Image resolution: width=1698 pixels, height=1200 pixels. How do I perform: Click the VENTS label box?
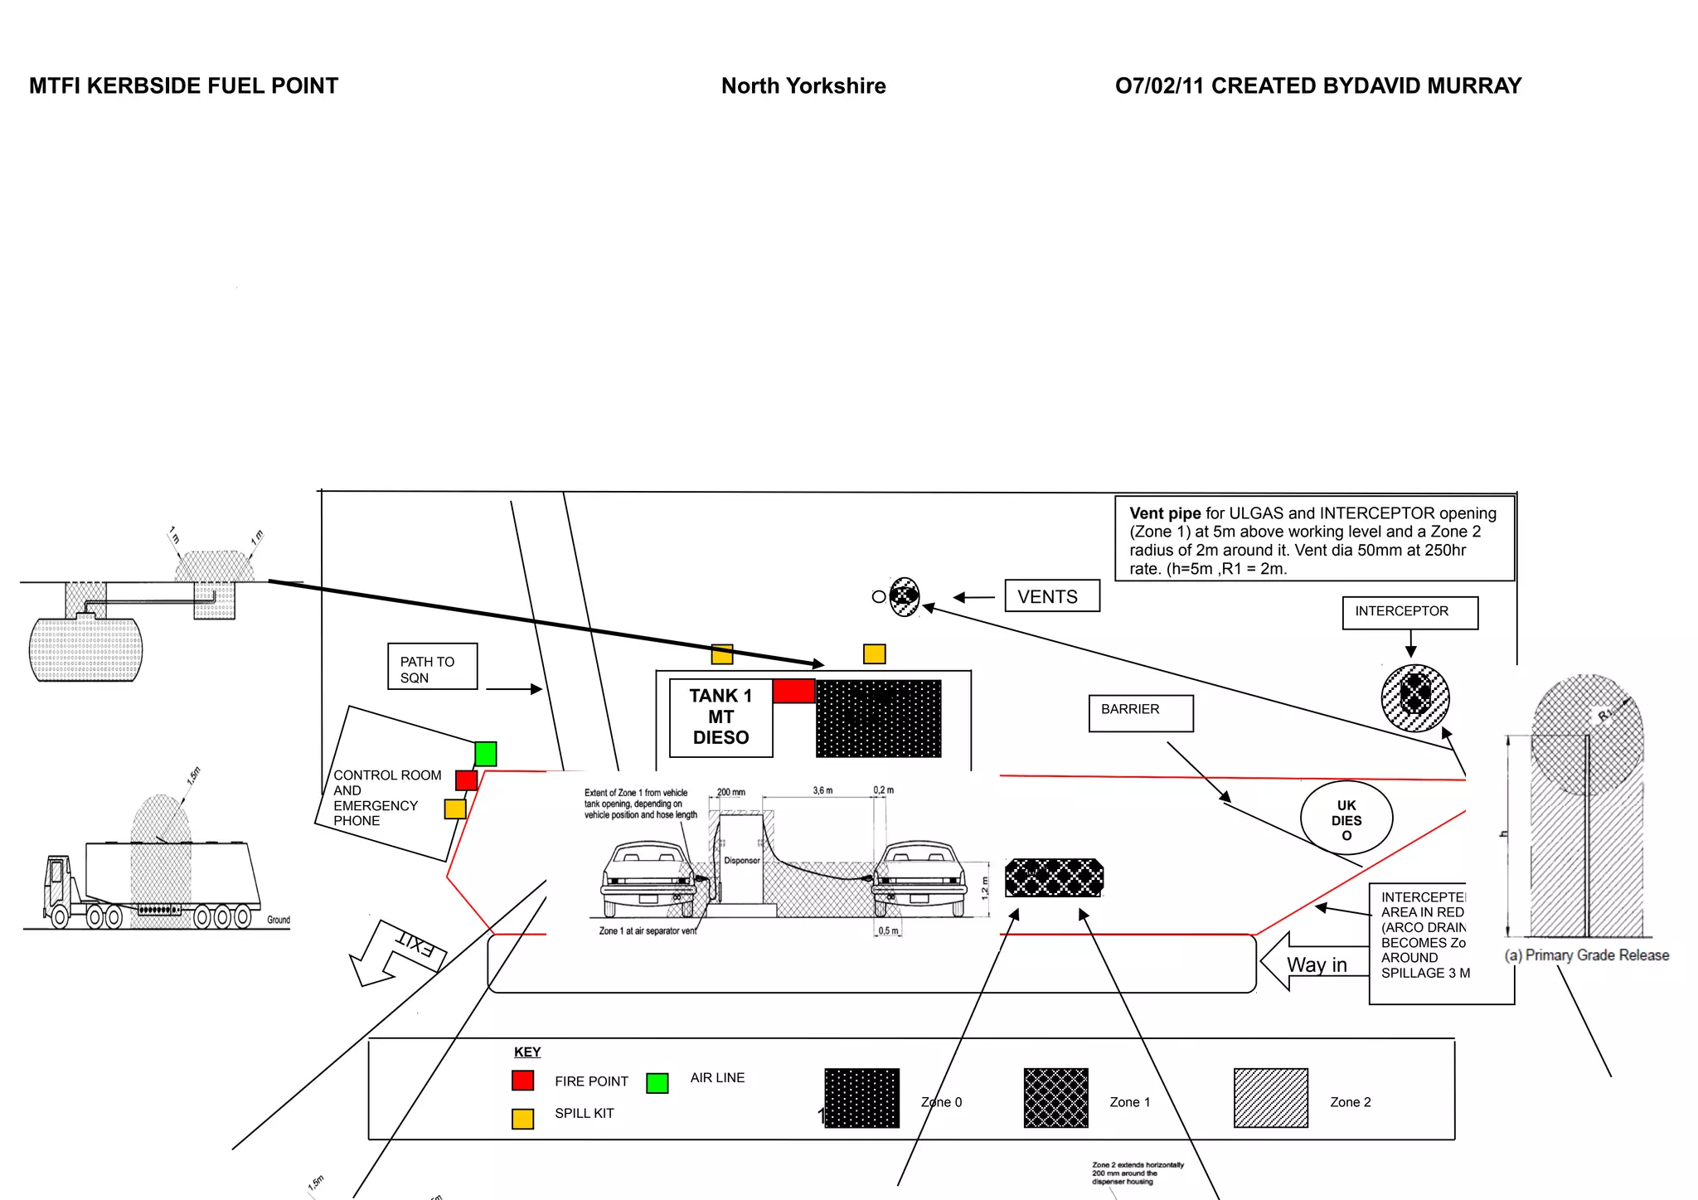pos(1051,596)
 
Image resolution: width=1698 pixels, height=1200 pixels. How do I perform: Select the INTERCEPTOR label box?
pos(1409,612)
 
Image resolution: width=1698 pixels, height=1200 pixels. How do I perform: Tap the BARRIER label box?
pos(1140,712)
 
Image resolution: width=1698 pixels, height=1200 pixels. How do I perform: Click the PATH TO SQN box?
pos(432,667)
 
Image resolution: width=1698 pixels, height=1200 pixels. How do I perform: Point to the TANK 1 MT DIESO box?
pos(720,717)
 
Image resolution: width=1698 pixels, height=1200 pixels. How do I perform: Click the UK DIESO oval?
pos(1346,819)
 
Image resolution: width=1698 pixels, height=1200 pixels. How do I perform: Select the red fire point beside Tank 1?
pos(793,691)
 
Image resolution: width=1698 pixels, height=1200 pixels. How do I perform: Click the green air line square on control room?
pos(485,754)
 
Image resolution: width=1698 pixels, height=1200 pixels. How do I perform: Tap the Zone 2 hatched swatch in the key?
pos(1270,1097)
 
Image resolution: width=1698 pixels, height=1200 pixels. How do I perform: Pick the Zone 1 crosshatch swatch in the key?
pos(1055,1097)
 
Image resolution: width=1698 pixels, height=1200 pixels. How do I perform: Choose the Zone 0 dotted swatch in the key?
pos(861,1097)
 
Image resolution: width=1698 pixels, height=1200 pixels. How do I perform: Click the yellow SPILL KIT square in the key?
pos(522,1119)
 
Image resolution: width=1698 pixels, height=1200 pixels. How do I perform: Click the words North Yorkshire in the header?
pos(803,86)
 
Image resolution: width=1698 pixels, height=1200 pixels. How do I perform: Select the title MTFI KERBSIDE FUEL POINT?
pos(183,86)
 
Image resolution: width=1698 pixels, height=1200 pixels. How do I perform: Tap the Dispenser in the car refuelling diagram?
pos(740,861)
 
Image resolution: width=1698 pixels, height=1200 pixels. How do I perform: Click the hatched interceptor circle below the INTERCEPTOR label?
pos(1414,697)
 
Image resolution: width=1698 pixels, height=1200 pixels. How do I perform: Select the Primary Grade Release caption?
pos(1586,955)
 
